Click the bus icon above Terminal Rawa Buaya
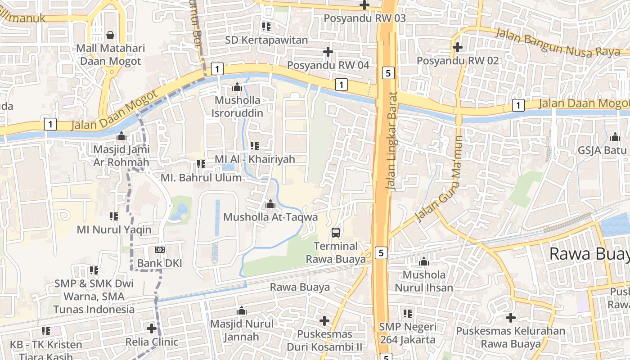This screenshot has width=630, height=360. (336, 233)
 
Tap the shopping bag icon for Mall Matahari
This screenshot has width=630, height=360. (110, 35)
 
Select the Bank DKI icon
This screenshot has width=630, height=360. (160, 250)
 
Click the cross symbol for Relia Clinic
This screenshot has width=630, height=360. (152, 328)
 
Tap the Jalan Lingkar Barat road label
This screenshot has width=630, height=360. (392, 141)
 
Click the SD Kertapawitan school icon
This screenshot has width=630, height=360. (266, 27)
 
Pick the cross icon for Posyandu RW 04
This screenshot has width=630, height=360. (328, 52)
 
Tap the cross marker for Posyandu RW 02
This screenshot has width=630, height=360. (458, 47)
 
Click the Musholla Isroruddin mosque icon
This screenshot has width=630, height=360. (237, 87)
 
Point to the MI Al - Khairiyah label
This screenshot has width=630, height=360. (255, 159)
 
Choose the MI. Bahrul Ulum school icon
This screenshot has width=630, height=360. (201, 164)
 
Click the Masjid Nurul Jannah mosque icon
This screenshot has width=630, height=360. (242, 310)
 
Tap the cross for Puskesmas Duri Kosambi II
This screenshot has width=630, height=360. (324, 321)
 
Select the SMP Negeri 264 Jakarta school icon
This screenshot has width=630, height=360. (408, 313)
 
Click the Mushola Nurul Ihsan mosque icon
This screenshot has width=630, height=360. (423, 261)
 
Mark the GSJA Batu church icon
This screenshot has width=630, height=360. (615, 137)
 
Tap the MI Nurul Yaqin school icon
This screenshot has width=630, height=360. (114, 216)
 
